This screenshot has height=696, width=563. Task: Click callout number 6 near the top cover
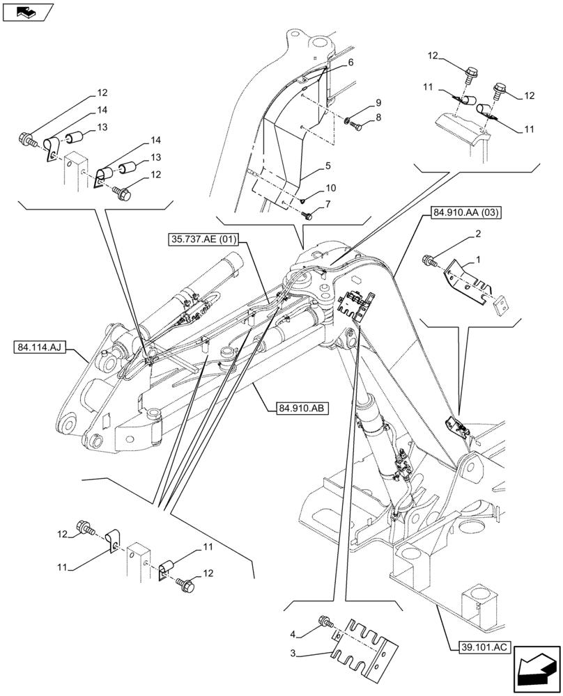click(351, 62)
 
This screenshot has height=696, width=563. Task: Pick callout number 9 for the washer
click(378, 102)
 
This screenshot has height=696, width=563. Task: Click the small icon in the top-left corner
click(28, 11)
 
